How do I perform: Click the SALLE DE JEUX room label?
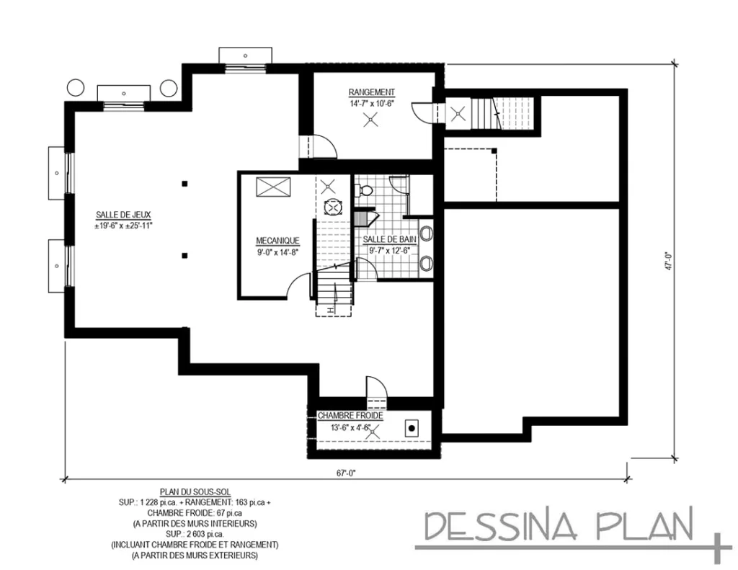(x=123, y=214)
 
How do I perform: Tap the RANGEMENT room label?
(x=371, y=92)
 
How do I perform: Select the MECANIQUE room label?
(x=277, y=241)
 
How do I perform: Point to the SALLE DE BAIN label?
(x=388, y=239)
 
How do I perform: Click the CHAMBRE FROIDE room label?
(x=350, y=416)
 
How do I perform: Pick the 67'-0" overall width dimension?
(x=347, y=473)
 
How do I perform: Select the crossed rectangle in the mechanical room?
(x=273, y=187)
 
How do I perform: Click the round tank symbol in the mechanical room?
(x=332, y=207)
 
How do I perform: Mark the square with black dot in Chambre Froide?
(x=412, y=427)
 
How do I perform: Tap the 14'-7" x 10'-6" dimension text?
(x=371, y=103)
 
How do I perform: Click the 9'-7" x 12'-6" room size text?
(x=388, y=250)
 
